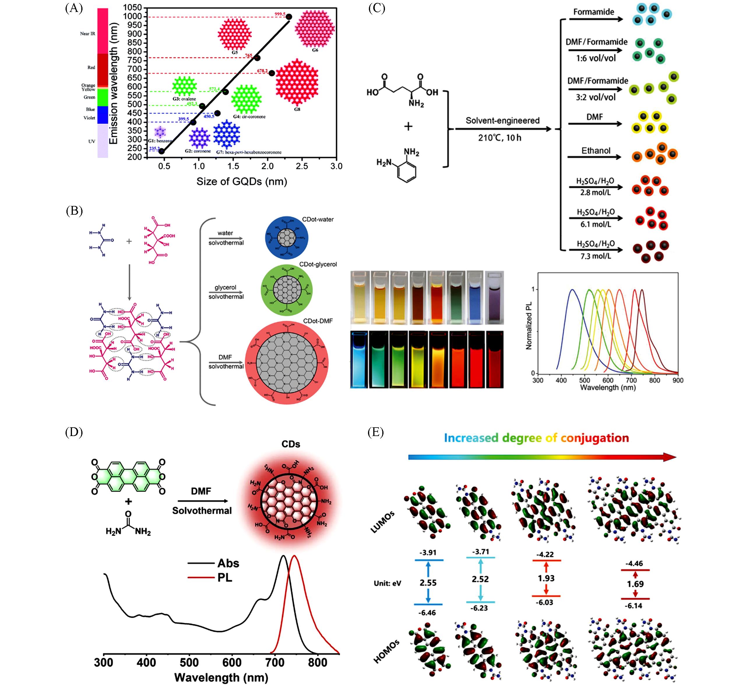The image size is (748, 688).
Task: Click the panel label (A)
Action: tap(74, 8)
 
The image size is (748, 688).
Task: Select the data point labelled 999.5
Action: tap(289, 17)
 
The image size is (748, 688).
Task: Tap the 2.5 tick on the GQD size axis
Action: tap(302, 166)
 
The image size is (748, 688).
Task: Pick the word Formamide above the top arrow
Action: tap(594, 12)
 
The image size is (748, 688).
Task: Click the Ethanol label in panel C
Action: tap(596, 151)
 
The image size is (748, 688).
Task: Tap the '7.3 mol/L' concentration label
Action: tap(596, 256)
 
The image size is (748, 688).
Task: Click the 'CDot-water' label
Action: tap(318, 220)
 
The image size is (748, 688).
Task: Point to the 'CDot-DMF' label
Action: tap(318, 321)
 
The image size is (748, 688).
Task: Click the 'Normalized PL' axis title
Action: tap(529, 326)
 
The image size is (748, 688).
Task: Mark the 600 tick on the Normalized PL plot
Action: tap(608, 380)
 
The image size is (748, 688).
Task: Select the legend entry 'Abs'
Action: tap(228, 563)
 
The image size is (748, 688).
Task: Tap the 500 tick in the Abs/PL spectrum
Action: tap(189, 661)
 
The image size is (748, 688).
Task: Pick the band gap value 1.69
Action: tap(635, 584)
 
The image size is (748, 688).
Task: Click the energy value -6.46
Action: tap(427, 613)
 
